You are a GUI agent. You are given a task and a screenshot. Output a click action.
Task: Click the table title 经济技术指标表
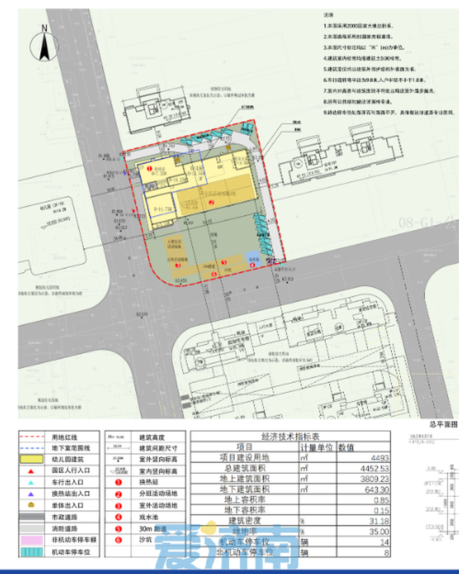pyautogui.click(x=290, y=437)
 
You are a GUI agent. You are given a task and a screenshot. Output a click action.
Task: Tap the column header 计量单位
pyautogui.click(x=317, y=447)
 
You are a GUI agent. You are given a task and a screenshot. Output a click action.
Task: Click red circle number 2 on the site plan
pyautogui.click(x=211, y=202)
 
